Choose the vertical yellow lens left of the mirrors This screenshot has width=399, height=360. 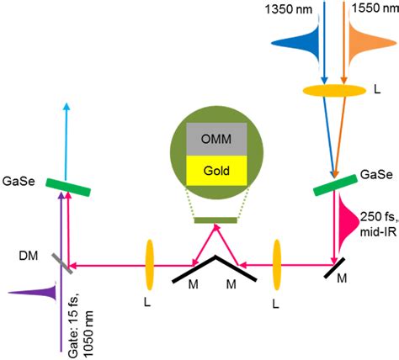(x=149, y=241)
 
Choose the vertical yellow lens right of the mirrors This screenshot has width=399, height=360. (x=274, y=241)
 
